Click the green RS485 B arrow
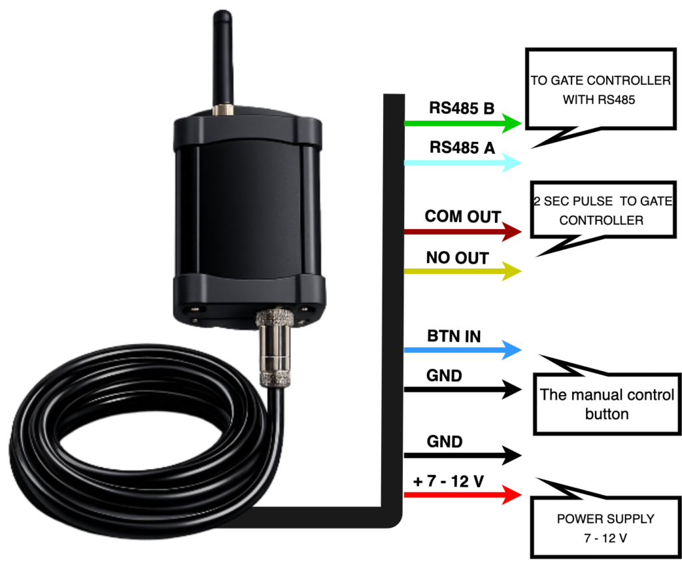coord(463,123)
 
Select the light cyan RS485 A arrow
coord(463,163)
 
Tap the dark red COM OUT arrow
coord(463,232)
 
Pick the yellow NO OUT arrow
coord(463,271)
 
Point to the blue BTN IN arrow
coord(463,350)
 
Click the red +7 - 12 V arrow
coord(463,495)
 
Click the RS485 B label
coord(462,108)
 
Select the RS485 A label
coord(462,147)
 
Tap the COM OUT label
coord(463,217)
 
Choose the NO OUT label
coord(457,258)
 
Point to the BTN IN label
coord(454,336)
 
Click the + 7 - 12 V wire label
coord(448,481)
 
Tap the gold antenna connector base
coord(223,110)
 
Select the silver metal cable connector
coord(274,347)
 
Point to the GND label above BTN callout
coord(444,376)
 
